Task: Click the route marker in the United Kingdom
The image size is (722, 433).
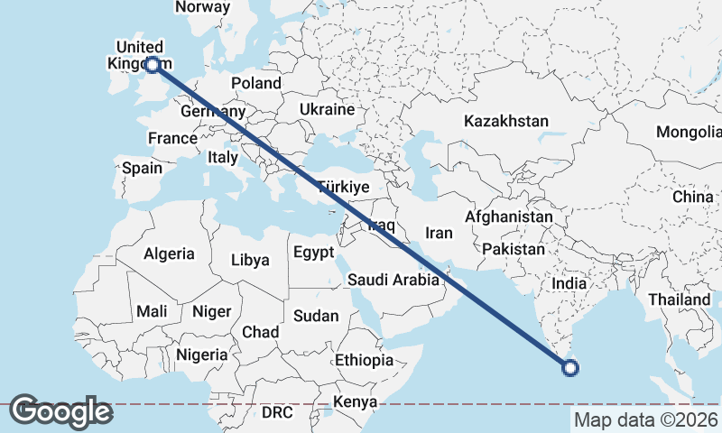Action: pos(153,64)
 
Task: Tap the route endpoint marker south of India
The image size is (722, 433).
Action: pos(569,366)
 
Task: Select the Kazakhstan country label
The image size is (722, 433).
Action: pos(506,121)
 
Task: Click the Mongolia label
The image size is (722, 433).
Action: pos(689,132)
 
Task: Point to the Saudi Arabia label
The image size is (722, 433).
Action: pos(393,280)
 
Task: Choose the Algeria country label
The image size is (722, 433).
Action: pos(169,253)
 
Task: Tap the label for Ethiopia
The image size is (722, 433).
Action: pos(364,360)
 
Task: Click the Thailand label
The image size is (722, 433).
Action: pos(679,299)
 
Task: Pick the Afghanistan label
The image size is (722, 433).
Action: pos(509,217)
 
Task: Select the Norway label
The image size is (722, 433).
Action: pos(203,7)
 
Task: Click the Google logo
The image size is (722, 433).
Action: pos(60,411)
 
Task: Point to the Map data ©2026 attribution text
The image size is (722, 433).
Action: pos(646,419)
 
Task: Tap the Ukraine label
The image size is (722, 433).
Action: pos(327,109)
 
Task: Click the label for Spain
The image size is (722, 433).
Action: pos(142,168)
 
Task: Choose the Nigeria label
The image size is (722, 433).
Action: pos(202,355)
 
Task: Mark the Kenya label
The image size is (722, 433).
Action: pos(355,401)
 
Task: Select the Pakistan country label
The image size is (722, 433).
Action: pos(514,248)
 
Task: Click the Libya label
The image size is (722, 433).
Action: pos(250,260)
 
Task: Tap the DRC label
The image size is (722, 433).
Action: pos(277,412)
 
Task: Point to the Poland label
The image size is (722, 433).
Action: pos(256,83)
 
